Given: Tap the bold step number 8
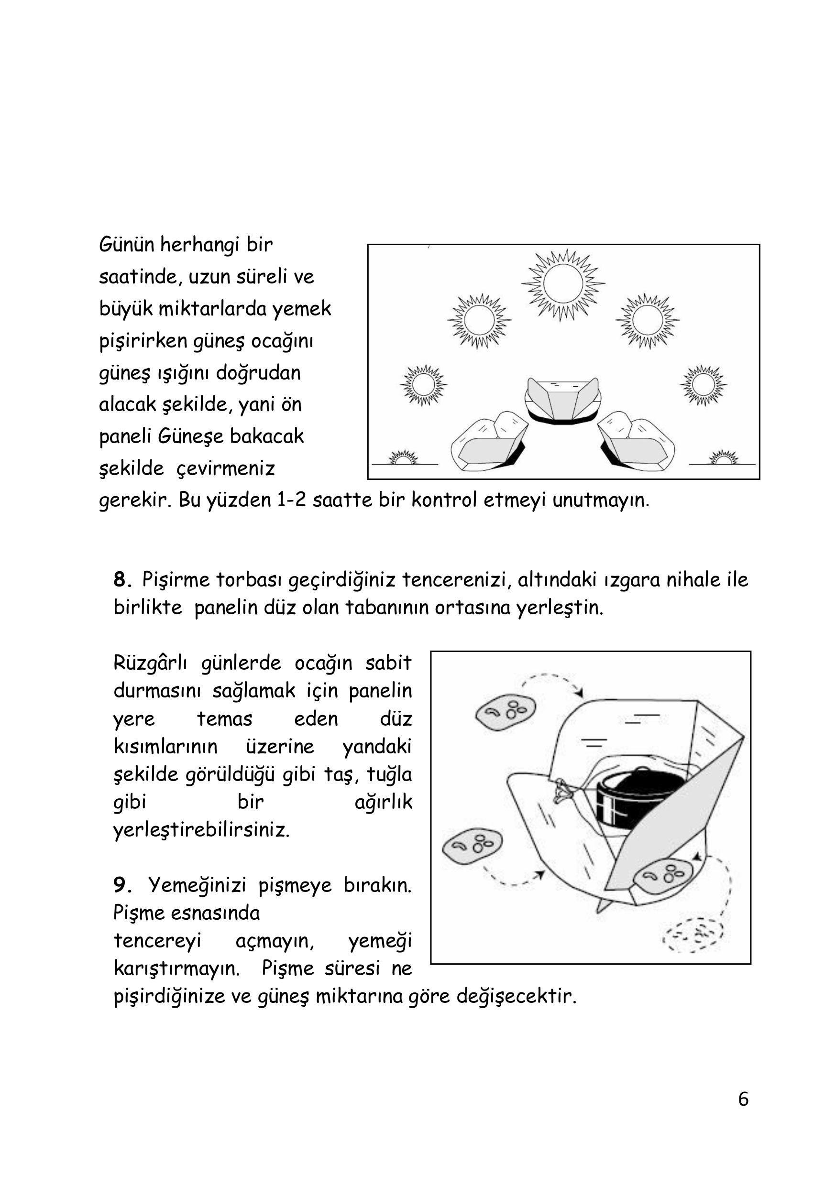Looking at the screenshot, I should (121, 579).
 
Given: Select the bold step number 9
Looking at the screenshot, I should (121, 885).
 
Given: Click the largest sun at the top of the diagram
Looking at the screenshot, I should (562, 284).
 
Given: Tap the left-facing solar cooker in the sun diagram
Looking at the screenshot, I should (489, 442).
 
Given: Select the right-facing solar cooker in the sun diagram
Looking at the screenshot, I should (637, 442).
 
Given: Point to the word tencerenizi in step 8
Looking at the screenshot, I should (456, 579).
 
